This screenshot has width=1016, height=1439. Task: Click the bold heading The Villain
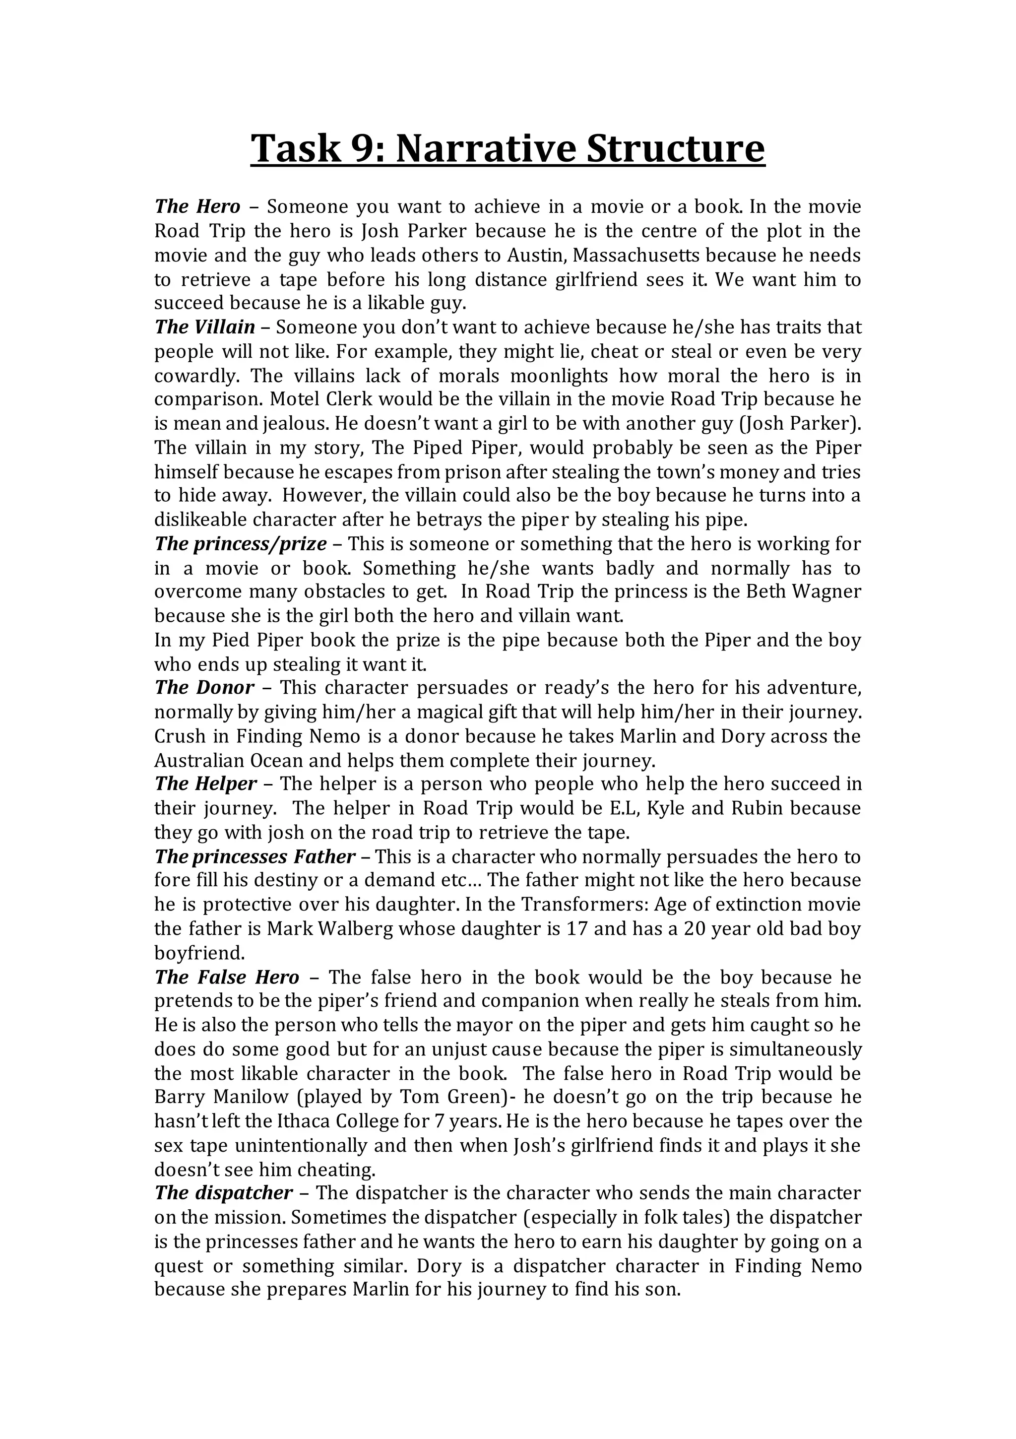pyautogui.click(x=205, y=327)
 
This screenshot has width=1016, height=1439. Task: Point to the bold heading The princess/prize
pyautogui.click(x=241, y=543)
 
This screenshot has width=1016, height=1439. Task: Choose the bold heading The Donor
pyautogui.click(x=204, y=688)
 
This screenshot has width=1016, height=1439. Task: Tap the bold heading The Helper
pyautogui.click(x=205, y=784)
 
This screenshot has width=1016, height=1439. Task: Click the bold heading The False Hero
pyautogui.click(x=227, y=977)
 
